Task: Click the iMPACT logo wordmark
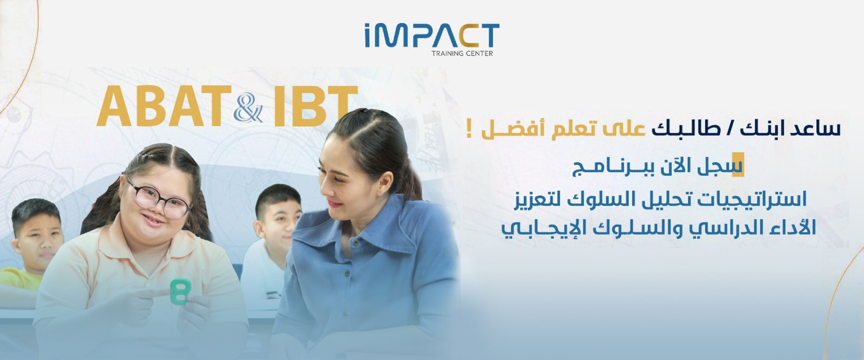431,36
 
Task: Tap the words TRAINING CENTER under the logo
462,53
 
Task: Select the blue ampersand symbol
248,110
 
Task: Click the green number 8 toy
180,291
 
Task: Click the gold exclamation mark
469,131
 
